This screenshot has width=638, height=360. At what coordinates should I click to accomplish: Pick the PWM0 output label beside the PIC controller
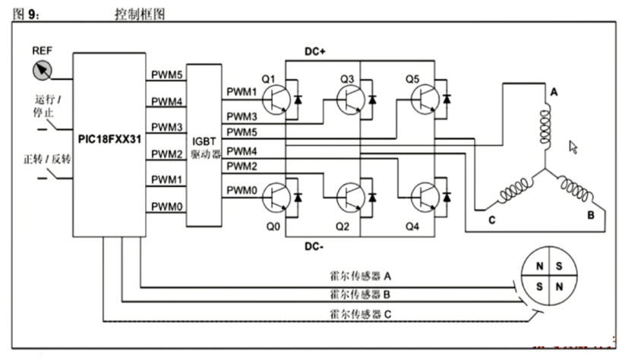165,207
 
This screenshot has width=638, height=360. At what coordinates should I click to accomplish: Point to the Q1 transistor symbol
275,98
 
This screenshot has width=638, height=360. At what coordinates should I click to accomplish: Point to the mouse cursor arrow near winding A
573,147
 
